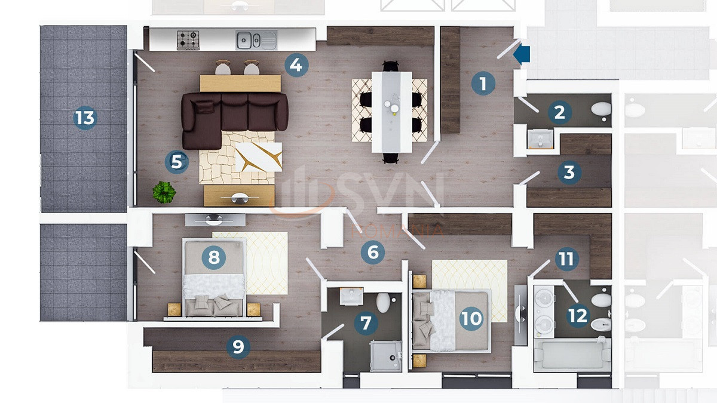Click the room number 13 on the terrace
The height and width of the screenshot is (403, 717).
(x=85, y=118)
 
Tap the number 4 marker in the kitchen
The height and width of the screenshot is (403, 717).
(x=296, y=64)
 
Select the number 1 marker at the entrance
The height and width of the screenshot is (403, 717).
(x=483, y=83)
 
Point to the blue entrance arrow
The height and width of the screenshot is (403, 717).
(x=522, y=54)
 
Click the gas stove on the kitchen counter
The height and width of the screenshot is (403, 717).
(x=188, y=40)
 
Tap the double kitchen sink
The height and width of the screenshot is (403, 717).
(x=256, y=40)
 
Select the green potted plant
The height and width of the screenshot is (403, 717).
(x=164, y=192)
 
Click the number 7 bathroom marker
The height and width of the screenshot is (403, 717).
(x=366, y=324)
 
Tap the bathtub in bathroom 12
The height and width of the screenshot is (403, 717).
(x=571, y=355)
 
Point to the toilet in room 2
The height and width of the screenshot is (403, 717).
(x=601, y=109)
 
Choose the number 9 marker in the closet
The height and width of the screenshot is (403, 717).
(x=238, y=346)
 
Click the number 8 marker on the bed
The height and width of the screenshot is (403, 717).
(x=214, y=257)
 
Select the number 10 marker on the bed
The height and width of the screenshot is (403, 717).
(x=471, y=318)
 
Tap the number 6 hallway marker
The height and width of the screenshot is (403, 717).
(x=373, y=252)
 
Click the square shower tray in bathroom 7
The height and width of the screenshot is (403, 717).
(x=386, y=356)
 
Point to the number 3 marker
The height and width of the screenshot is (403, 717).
(x=569, y=173)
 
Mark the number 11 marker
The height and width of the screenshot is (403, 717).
(x=566, y=259)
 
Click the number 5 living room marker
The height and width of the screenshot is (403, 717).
(x=176, y=161)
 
